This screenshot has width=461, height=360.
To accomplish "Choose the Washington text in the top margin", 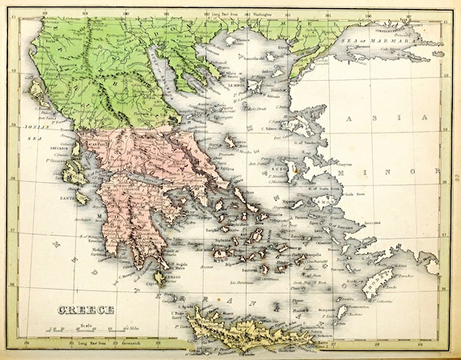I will pos(267,13).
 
